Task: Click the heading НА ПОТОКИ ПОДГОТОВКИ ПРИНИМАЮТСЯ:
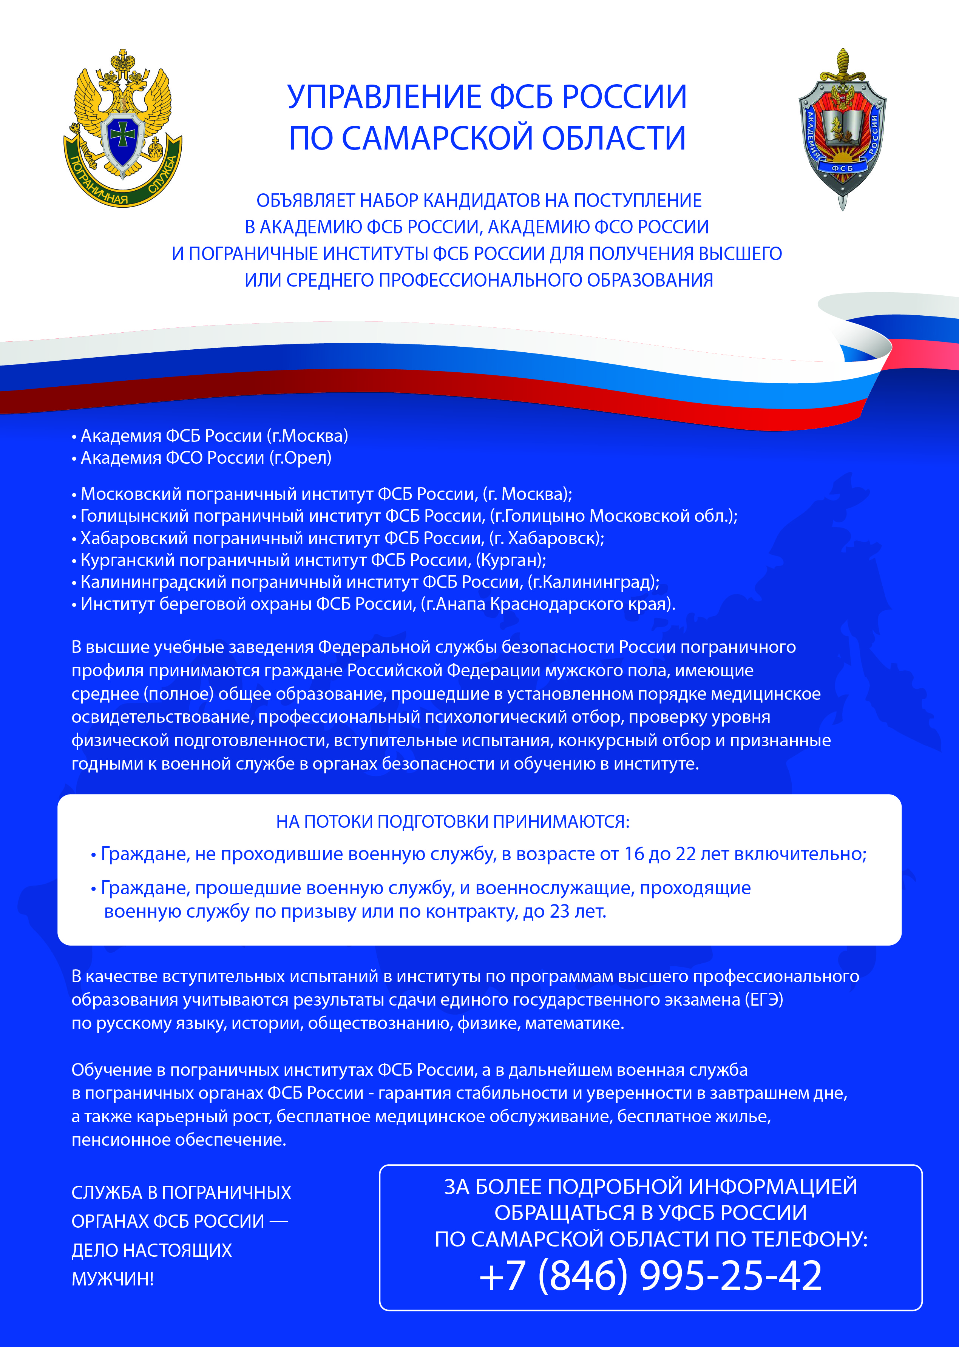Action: [453, 822]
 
